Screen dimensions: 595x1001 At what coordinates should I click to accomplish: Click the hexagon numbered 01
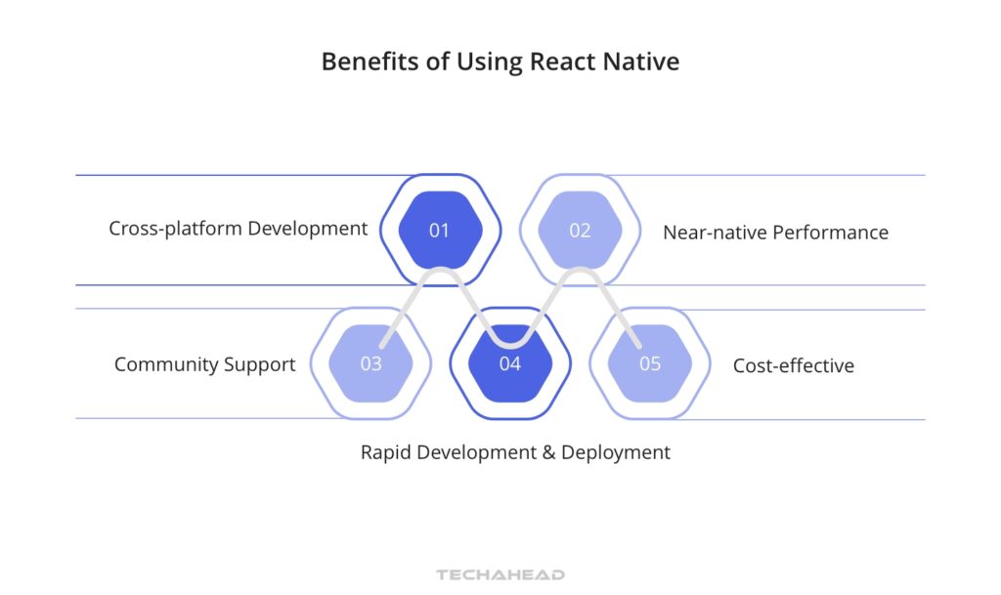(440, 231)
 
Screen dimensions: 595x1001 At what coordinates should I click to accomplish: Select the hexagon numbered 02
(580, 231)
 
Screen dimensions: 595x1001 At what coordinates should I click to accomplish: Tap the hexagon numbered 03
(370, 363)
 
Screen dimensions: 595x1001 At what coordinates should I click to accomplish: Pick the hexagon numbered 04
(510, 363)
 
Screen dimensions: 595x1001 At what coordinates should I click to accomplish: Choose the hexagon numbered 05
(650, 363)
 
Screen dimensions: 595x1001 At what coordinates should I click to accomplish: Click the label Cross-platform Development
(239, 229)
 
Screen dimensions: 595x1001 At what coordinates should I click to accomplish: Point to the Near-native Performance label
(775, 233)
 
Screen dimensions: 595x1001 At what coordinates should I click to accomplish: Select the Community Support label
(204, 364)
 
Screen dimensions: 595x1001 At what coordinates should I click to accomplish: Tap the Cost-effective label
(793, 365)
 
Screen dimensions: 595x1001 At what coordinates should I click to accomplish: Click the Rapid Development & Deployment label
(515, 452)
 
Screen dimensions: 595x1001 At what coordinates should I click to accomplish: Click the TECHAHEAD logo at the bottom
(500, 575)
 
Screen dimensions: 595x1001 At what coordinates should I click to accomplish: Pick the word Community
(168, 364)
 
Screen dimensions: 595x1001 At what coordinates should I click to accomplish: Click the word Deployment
(621, 452)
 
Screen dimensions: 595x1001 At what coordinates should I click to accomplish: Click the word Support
(261, 364)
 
